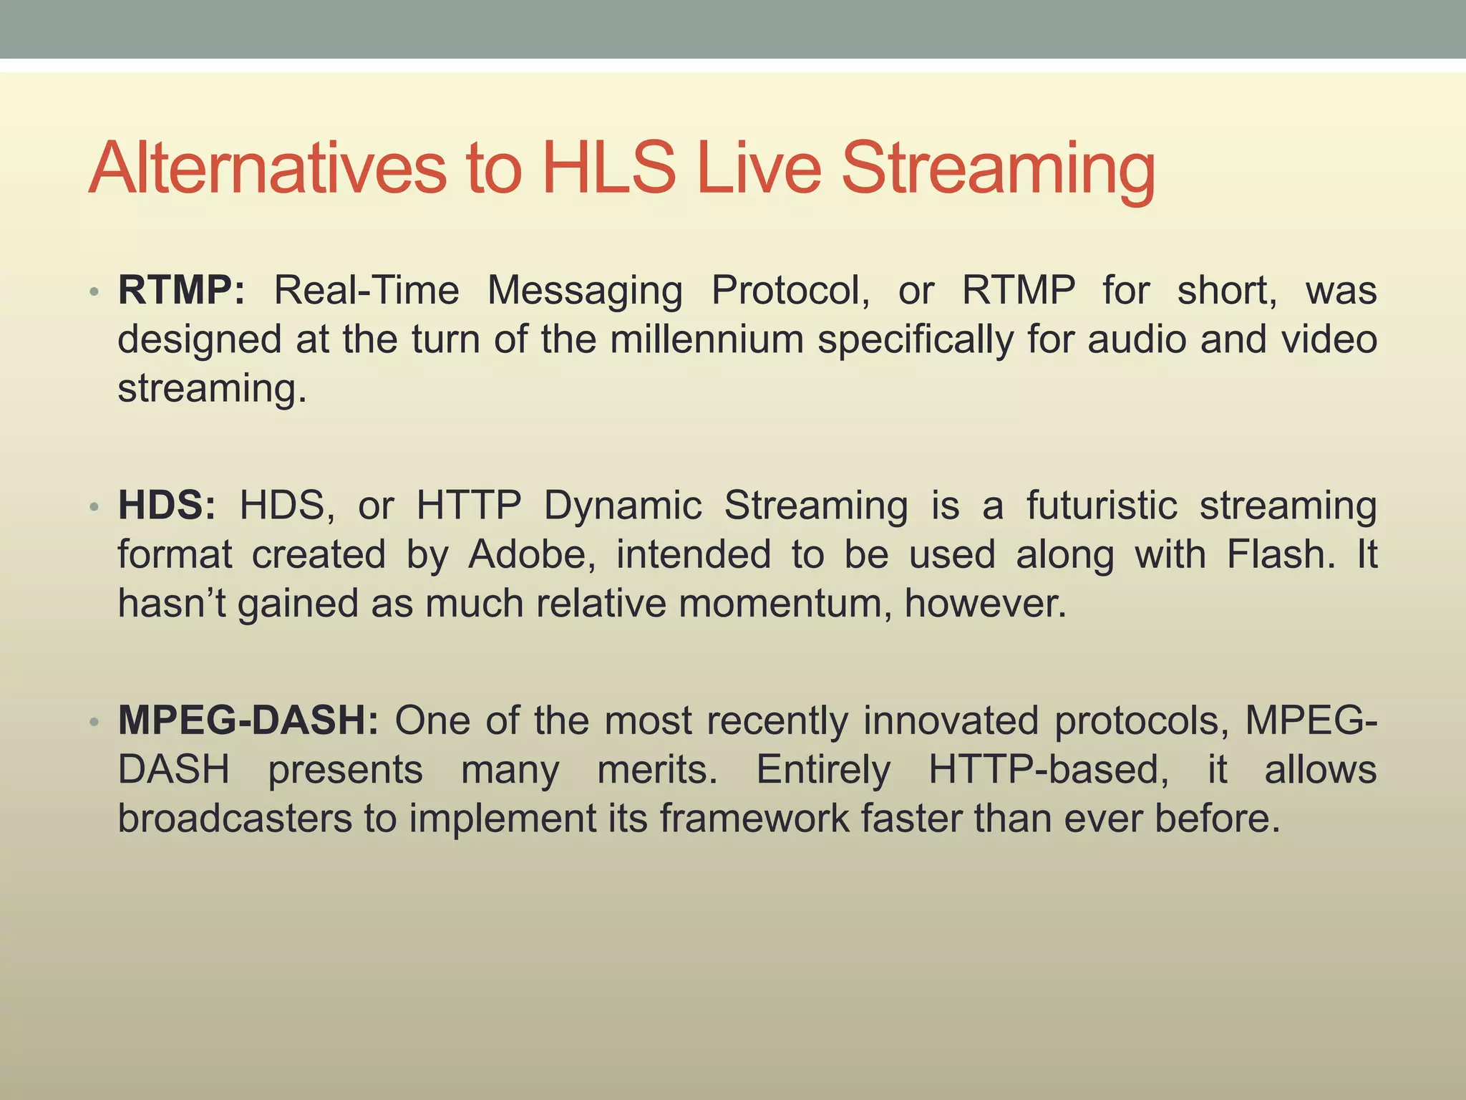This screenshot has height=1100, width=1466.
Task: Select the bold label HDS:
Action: point(167,506)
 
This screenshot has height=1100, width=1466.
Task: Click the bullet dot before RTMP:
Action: point(94,292)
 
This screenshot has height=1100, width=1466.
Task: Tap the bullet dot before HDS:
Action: point(94,507)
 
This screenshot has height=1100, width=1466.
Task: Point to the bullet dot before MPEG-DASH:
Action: point(94,722)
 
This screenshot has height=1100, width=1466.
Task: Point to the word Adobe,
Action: point(532,555)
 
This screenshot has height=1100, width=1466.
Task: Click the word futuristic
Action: point(1102,506)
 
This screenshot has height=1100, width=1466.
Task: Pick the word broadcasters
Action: point(235,819)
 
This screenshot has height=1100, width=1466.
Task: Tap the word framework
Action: point(754,819)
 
